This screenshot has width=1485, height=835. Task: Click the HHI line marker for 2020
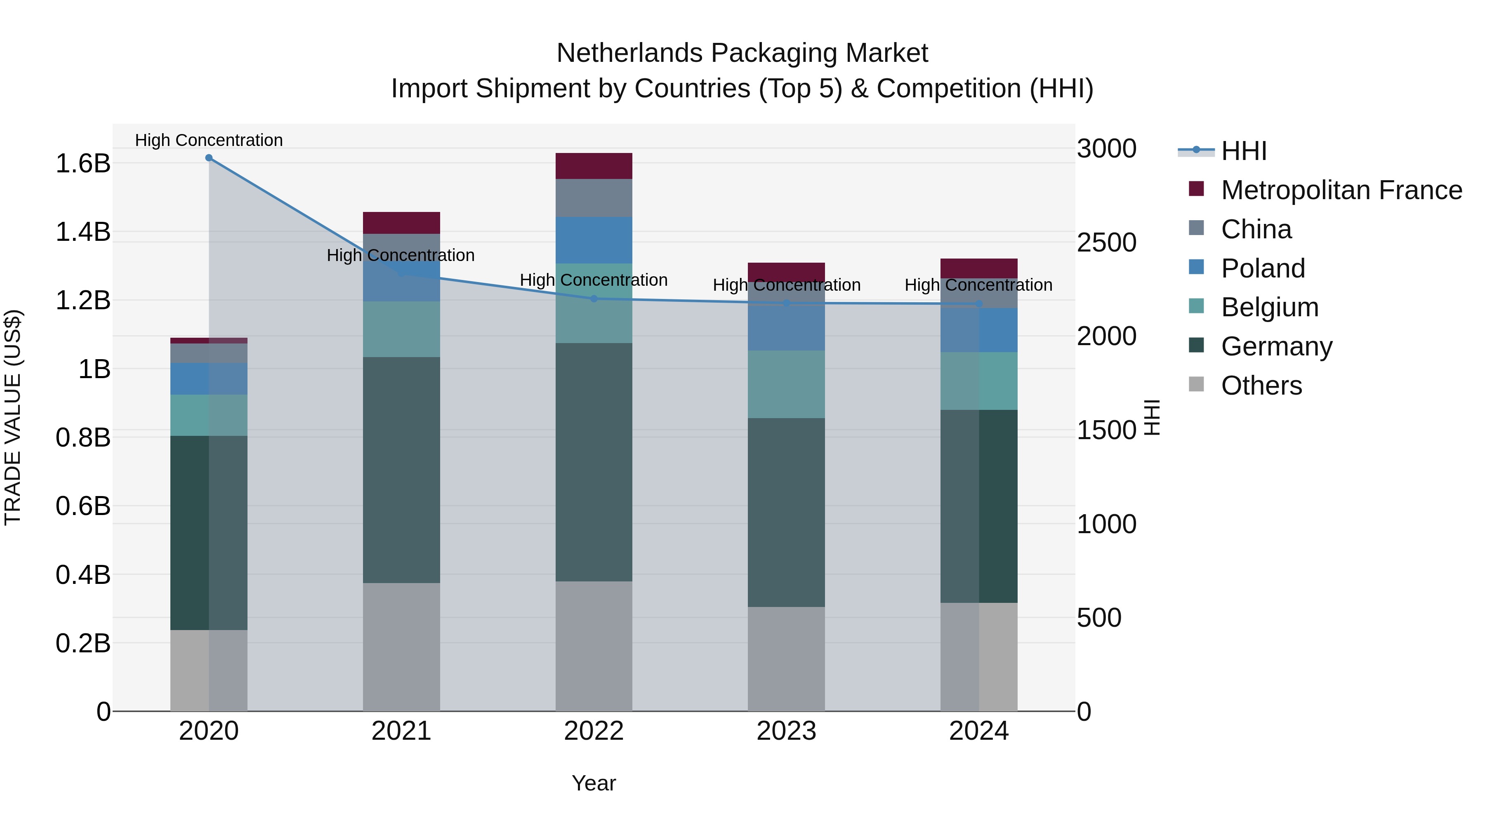[209, 158]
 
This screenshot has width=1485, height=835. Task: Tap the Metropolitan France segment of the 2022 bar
[594, 166]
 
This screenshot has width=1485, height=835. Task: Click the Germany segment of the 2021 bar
[401, 470]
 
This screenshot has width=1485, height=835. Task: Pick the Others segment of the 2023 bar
[786, 659]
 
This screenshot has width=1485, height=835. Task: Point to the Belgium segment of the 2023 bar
[786, 384]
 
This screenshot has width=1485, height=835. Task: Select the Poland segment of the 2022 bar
[594, 240]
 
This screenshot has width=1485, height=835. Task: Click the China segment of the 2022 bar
[594, 198]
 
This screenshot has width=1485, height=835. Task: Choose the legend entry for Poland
[1263, 268]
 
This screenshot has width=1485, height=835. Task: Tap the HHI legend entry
[1243, 151]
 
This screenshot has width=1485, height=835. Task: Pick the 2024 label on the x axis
[978, 731]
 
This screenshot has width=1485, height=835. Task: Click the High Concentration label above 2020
[209, 140]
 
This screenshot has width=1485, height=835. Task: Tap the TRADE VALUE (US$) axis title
[13, 417]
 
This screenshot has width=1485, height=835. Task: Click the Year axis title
[594, 783]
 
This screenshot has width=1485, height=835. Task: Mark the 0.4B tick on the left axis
[82, 574]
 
